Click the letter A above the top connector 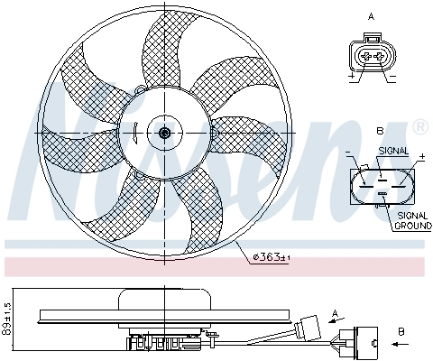(372, 16)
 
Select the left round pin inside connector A (364, 57)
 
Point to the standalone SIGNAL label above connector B (392, 151)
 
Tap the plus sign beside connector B (420, 157)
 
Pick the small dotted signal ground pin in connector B (382, 193)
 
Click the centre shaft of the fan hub (164, 133)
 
